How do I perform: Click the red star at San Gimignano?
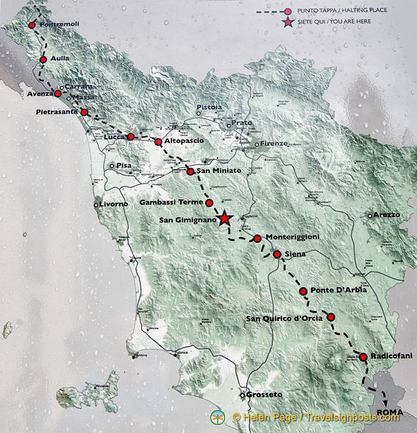pyautogui.click(x=225, y=219)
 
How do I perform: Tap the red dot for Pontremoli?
pyautogui.click(x=32, y=25)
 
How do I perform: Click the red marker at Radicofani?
pyautogui.click(x=363, y=357)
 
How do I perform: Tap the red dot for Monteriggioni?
pyautogui.click(x=257, y=238)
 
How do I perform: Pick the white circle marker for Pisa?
pyautogui.click(x=112, y=166)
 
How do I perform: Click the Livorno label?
pyautogui.click(x=113, y=203)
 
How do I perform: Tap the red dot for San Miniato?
pyautogui.click(x=190, y=172)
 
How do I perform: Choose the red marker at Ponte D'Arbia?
pyautogui.click(x=303, y=292)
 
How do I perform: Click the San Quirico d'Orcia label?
pyautogui.click(x=284, y=318)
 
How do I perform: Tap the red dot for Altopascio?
pyautogui.click(x=158, y=141)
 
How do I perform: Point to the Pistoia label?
pyautogui.click(x=209, y=108)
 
